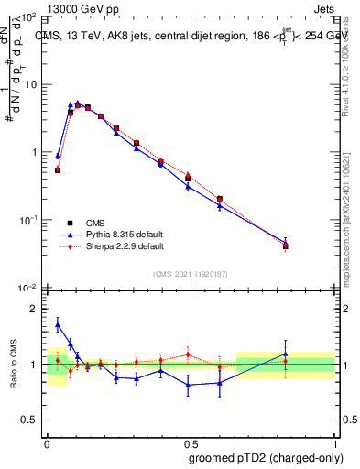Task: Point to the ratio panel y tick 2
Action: point(33,310)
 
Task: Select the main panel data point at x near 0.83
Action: point(286,245)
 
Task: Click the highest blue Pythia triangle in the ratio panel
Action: point(58,324)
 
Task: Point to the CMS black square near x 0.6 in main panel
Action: point(219,199)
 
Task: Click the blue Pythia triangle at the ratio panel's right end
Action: point(286,354)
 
